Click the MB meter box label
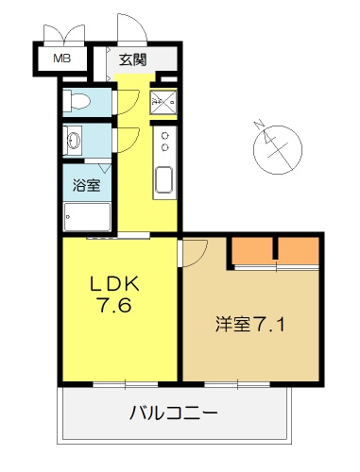(x=62, y=59)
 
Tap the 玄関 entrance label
(x=132, y=59)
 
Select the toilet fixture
(x=77, y=101)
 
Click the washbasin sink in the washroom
(x=75, y=141)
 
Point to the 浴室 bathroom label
(x=87, y=185)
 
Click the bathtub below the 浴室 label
(x=87, y=217)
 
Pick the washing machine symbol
(x=163, y=102)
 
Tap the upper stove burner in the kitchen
(x=164, y=136)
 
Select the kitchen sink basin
(x=163, y=179)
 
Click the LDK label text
(x=114, y=284)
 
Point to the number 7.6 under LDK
(x=114, y=305)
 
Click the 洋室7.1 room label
(x=250, y=325)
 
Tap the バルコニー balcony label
(x=174, y=413)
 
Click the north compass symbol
(x=277, y=149)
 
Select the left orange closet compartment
(x=252, y=250)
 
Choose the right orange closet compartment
(x=299, y=250)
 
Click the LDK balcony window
(x=126, y=384)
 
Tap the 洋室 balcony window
(x=237, y=384)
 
